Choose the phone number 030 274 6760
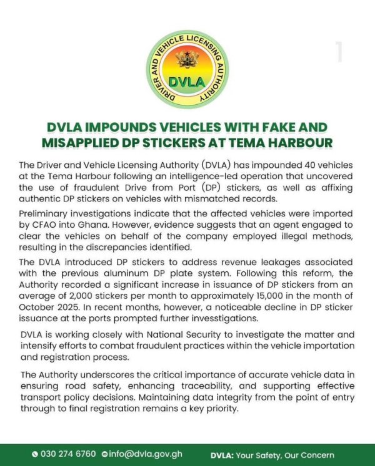pos(68,454)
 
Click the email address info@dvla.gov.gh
pos(146,454)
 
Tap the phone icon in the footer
pos(35,454)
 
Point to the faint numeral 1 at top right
pos(339,53)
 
